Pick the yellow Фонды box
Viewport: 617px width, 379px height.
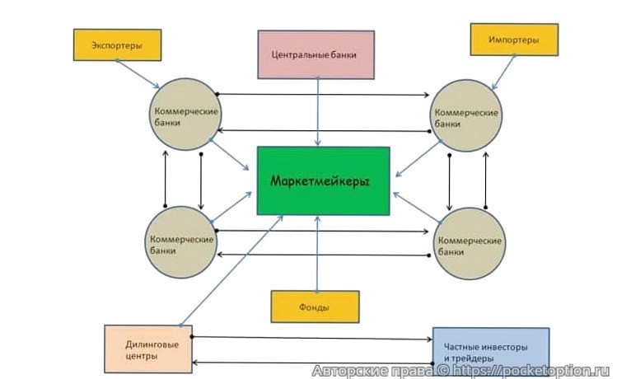(315, 306)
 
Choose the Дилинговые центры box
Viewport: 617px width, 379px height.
(147, 349)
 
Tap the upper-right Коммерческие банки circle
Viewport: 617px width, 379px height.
(467, 115)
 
